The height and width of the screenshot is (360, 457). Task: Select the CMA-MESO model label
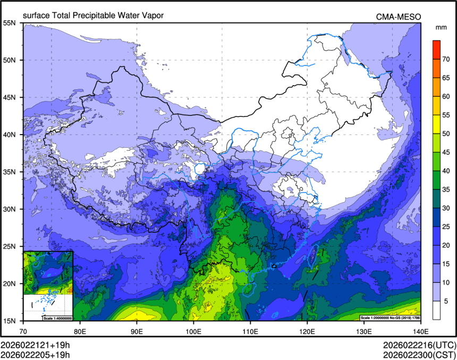pos(399,17)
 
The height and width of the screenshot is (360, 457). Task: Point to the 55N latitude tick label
pos(10,23)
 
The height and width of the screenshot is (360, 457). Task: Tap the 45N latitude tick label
pos(10,97)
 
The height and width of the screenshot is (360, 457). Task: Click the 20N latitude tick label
pos(10,283)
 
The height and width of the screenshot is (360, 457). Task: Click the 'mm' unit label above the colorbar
pos(441,27)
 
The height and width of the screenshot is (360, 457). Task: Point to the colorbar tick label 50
pos(447,133)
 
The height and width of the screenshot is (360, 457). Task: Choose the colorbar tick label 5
pos(445,300)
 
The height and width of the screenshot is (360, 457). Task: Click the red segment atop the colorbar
pos(436,49)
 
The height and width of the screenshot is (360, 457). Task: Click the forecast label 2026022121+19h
pos(35,345)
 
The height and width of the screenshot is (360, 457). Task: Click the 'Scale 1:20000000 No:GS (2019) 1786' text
pos(390,317)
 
